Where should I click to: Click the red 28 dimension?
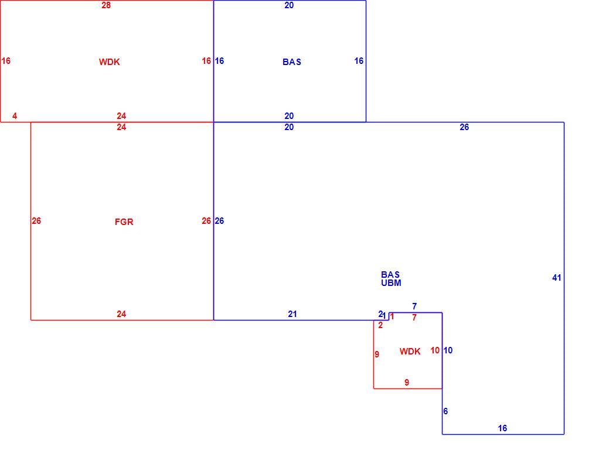coord(106,5)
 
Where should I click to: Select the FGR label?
coord(124,222)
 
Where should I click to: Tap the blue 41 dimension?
coord(556,278)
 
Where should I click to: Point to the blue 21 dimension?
coord(292,314)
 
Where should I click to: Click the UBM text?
coord(391,283)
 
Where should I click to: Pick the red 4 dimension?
coord(15,116)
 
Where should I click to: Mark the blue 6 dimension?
coord(445,411)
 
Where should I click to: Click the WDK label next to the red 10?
coord(410,352)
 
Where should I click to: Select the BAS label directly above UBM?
coord(390,274)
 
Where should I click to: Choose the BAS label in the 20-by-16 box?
coord(292,62)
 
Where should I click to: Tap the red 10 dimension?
coord(435,350)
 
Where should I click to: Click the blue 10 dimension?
coord(448,350)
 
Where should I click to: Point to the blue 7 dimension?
coord(414,306)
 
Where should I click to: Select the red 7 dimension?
coord(414,318)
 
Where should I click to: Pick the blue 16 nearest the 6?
coord(502,428)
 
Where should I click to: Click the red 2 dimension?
coord(380,325)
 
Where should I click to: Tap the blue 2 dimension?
coord(380,314)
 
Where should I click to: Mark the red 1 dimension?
coord(392,316)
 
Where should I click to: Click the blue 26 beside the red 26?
coord(219,221)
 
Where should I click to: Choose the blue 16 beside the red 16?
coord(219,61)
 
